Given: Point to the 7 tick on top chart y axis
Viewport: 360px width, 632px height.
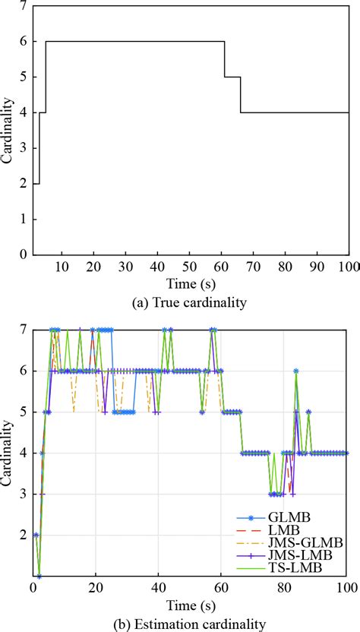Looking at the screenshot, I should [x=25, y=6].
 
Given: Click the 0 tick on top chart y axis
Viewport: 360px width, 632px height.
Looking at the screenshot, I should [x=25, y=254].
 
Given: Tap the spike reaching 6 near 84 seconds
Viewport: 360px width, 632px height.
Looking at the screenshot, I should [x=295, y=371].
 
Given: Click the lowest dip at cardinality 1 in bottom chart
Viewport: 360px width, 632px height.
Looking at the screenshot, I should [x=39, y=577].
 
